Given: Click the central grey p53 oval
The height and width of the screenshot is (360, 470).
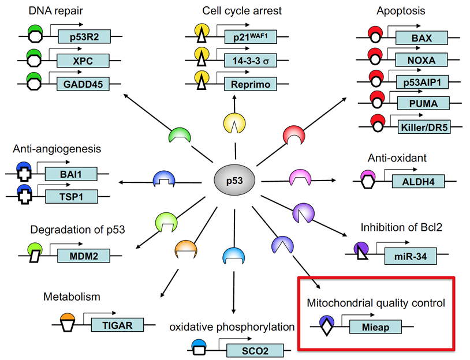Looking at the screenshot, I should pyautogui.click(x=234, y=180).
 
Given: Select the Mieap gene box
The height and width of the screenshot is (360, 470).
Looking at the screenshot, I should pyautogui.click(x=372, y=327).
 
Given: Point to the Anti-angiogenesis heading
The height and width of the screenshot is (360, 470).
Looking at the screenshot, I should pyautogui.click(x=57, y=149).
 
